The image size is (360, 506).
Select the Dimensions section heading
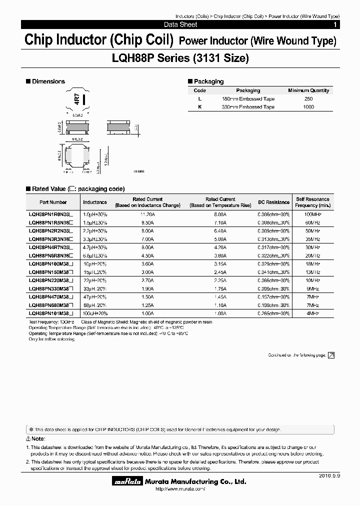click(x=48, y=81)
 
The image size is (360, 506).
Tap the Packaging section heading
click(x=208, y=81)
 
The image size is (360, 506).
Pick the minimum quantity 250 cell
click(x=308, y=99)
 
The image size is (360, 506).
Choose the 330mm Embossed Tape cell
click(x=248, y=107)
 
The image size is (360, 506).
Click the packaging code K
click(x=200, y=107)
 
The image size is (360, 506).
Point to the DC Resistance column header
click(x=273, y=202)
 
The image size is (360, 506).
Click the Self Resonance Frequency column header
click(x=312, y=202)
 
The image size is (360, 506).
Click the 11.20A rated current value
click(x=147, y=213)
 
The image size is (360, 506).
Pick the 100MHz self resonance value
click(x=312, y=213)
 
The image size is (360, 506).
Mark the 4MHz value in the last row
click(x=312, y=313)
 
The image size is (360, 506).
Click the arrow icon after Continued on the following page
click(x=330, y=355)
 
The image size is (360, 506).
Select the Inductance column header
click(x=95, y=202)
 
